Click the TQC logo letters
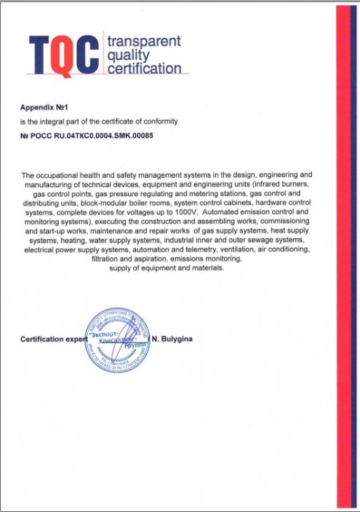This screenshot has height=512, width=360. click(64, 53)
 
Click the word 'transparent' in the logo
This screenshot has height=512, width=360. click(143, 42)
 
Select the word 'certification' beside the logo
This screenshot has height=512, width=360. click(143, 69)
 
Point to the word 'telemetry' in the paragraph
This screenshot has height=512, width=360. click(190, 249)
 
